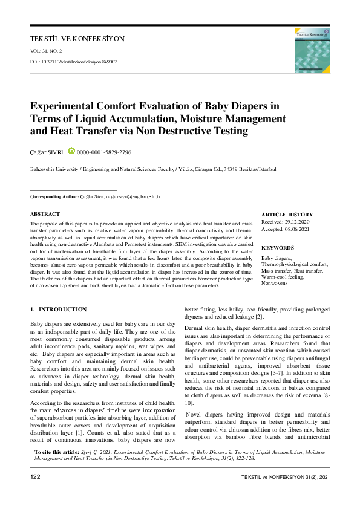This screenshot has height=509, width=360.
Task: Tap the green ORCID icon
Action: (x=71, y=152)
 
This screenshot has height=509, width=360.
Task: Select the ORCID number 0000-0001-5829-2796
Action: (x=104, y=152)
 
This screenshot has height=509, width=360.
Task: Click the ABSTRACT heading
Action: (x=45, y=214)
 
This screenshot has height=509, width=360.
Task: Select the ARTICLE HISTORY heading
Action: (x=287, y=215)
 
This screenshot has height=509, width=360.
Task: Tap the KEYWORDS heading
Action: (x=277, y=248)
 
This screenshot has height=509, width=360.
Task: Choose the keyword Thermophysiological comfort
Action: (x=295, y=264)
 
